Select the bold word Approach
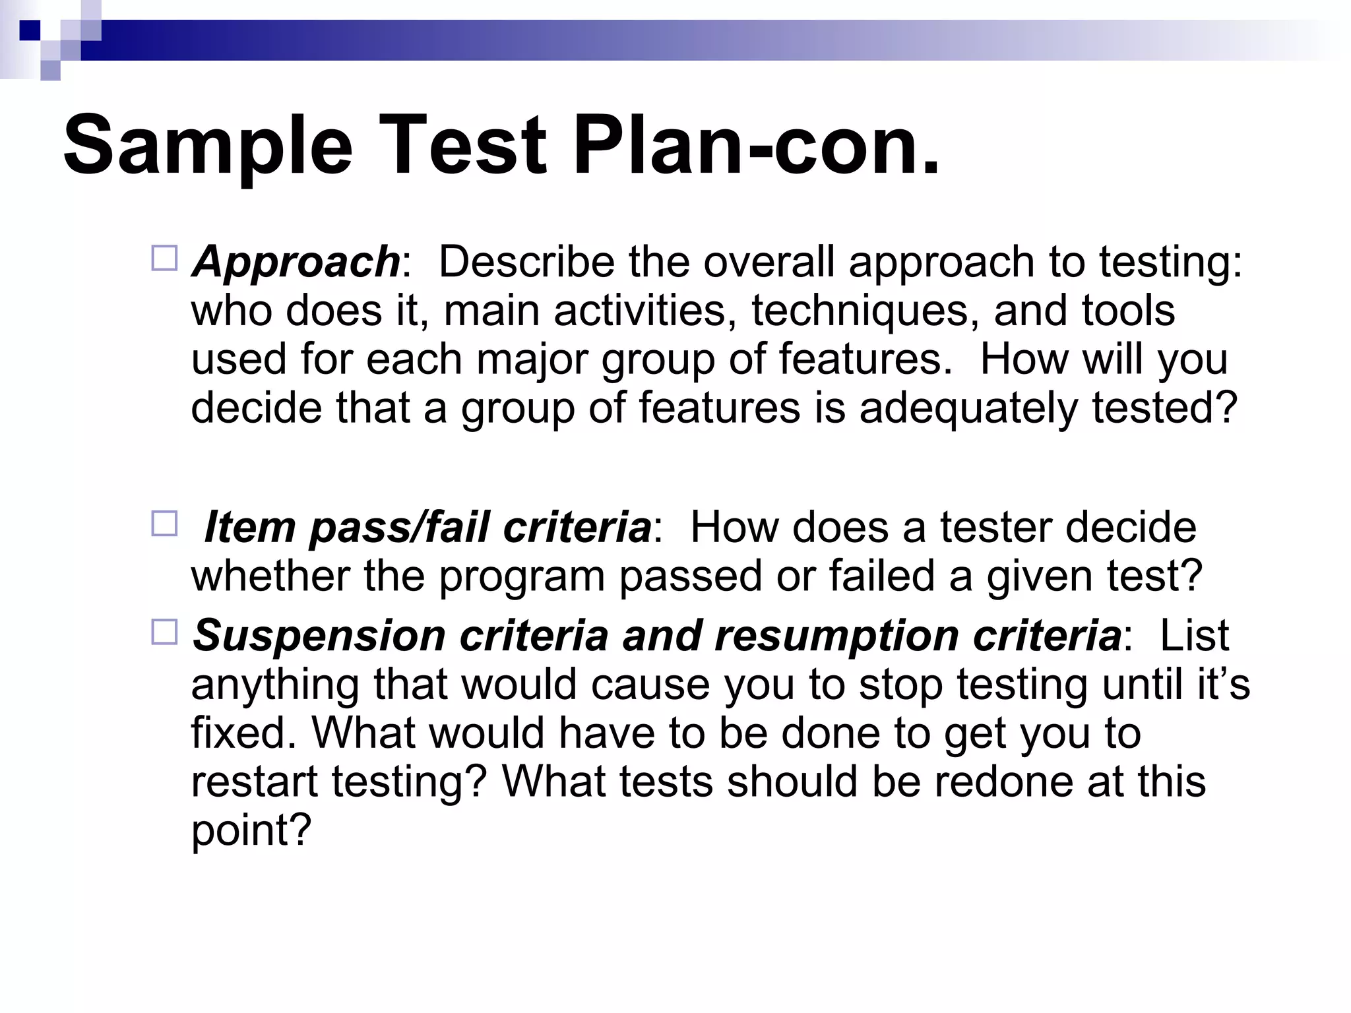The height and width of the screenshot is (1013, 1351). pyautogui.click(x=296, y=262)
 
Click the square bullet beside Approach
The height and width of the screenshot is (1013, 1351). pyautogui.click(x=164, y=259)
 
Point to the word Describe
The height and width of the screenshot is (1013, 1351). pyautogui.click(x=526, y=262)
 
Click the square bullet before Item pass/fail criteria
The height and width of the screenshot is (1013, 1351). pyautogui.click(x=164, y=524)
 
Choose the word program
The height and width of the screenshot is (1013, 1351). pyautogui.click(x=521, y=577)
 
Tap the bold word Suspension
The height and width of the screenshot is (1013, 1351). pyautogui.click(x=319, y=636)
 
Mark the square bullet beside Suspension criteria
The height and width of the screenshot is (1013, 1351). pyautogui.click(x=164, y=632)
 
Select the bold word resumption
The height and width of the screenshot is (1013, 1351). pyautogui.click(x=836, y=636)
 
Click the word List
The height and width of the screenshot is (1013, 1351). pyautogui.click(x=1194, y=636)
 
